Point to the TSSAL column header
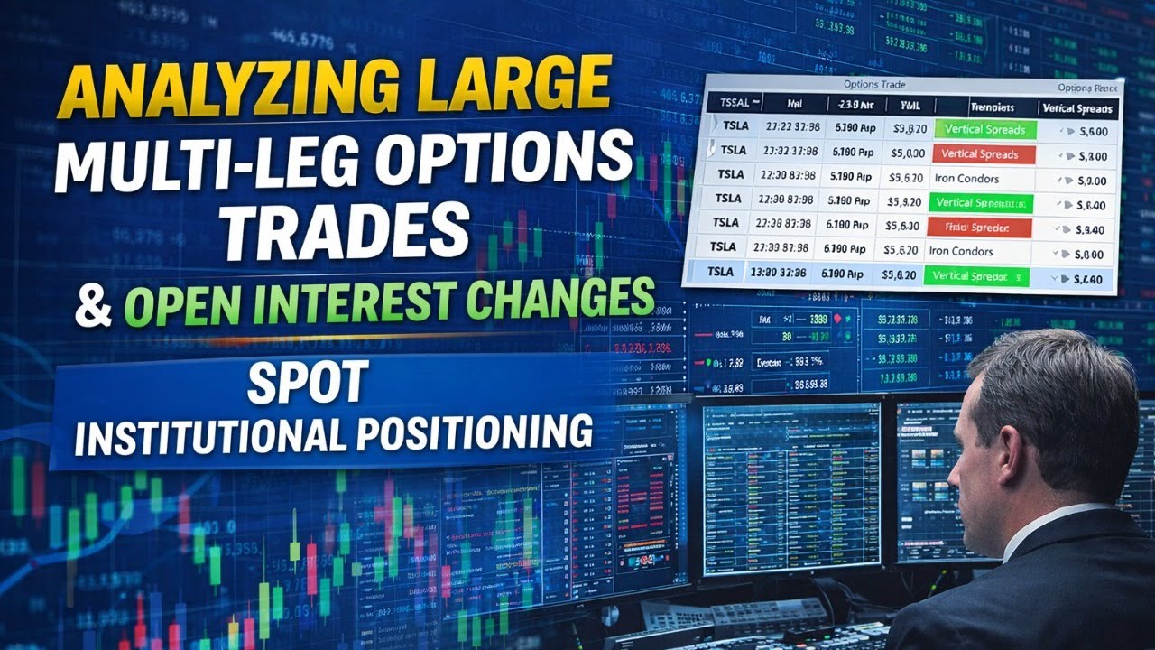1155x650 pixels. click(x=730, y=102)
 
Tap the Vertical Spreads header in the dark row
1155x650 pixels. click(x=1078, y=108)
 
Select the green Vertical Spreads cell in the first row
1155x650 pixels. click(x=985, y=129)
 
